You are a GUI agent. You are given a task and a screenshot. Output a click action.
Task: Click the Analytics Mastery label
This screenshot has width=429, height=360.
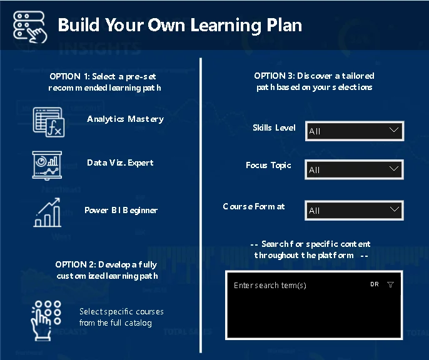coord(125,119)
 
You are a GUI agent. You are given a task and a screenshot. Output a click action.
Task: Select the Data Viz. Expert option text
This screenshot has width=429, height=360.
coord(120,163)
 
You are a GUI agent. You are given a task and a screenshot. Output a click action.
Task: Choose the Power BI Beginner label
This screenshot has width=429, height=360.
coord(121,210)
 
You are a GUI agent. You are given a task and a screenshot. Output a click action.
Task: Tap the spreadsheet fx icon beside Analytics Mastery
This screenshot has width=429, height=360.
coord(49,122)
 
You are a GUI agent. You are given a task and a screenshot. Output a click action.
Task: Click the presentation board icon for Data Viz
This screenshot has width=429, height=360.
coord(47,166)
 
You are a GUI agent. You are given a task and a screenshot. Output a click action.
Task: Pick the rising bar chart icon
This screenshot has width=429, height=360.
coord(47,212)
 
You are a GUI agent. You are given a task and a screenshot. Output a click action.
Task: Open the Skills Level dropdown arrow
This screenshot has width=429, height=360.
coord(394,130)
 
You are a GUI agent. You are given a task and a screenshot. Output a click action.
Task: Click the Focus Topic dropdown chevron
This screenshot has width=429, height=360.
coord(394,168)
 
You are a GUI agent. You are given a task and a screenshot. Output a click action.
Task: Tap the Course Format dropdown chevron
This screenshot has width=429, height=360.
coord(394,209)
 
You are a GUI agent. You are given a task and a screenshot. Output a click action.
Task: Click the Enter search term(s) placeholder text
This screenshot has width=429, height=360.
coord(270,286)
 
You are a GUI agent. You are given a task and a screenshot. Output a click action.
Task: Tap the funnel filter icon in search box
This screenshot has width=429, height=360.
coord(390,284)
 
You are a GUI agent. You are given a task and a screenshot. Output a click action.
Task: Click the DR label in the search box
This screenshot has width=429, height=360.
coord(375,284)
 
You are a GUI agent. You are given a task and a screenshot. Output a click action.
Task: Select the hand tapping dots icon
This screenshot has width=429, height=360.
coord(46,321)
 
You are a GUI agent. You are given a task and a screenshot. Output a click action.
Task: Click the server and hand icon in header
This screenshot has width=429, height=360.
coord(30,27)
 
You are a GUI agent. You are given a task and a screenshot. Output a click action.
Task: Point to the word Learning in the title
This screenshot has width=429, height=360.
coord(226,26)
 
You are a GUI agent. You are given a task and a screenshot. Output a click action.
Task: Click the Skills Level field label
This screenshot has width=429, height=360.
coord(274,127)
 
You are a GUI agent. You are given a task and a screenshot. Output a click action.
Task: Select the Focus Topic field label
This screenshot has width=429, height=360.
coord(268,166)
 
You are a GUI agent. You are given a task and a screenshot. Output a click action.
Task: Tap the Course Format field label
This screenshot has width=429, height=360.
coord(254,206)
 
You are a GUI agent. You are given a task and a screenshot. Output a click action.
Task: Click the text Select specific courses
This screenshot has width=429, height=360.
coord(121,312)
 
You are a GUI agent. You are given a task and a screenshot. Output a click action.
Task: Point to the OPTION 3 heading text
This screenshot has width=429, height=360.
coord(314,81)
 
